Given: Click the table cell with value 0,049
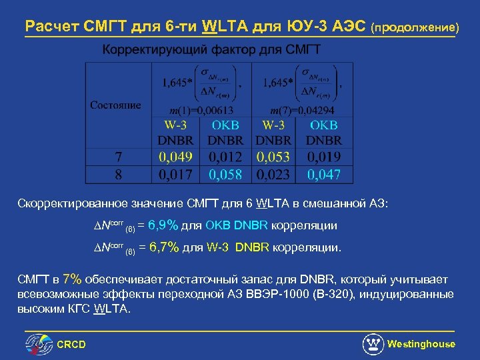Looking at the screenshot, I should click(x=176, y=157).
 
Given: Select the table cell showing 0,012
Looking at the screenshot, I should click(x=225, y=157).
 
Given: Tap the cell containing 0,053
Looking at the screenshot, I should click(x=274, y=157).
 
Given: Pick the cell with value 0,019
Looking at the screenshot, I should click(x=324, y=157).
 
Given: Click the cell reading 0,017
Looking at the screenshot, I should click(x=176, y=175).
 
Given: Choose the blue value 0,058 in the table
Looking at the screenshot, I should click(x=225, y=175).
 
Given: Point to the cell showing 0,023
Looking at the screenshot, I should click(x=274, y=175).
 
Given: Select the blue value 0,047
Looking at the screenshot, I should click(x=324, y=175).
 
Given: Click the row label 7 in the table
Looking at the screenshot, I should click(x=118, y=157).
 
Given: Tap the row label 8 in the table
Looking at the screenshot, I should click(x=118, y=175).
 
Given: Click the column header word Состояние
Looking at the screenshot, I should click(x=116, y=105).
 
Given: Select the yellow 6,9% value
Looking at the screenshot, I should click(x=164, y=225).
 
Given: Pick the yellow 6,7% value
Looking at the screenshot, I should click(x=164, y=248).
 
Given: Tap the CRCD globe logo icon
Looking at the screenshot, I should click(x=39, y=344).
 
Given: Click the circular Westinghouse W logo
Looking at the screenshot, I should click(x=373, y=344).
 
